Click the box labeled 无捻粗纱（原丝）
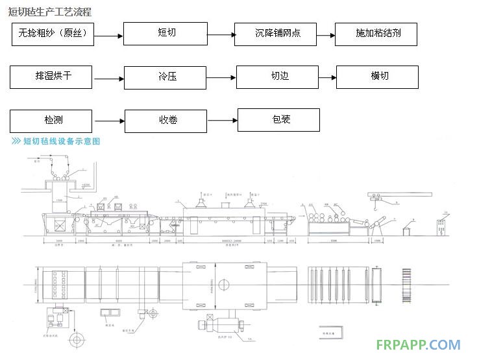click(53, 34)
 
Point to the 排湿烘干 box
click(51, 77)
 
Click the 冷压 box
click(166, 77)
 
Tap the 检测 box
click(51, 121)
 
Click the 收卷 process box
click(166, 121)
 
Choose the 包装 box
click(279, 120)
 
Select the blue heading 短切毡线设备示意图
click(62, 141)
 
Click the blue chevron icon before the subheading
click(16, 141)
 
